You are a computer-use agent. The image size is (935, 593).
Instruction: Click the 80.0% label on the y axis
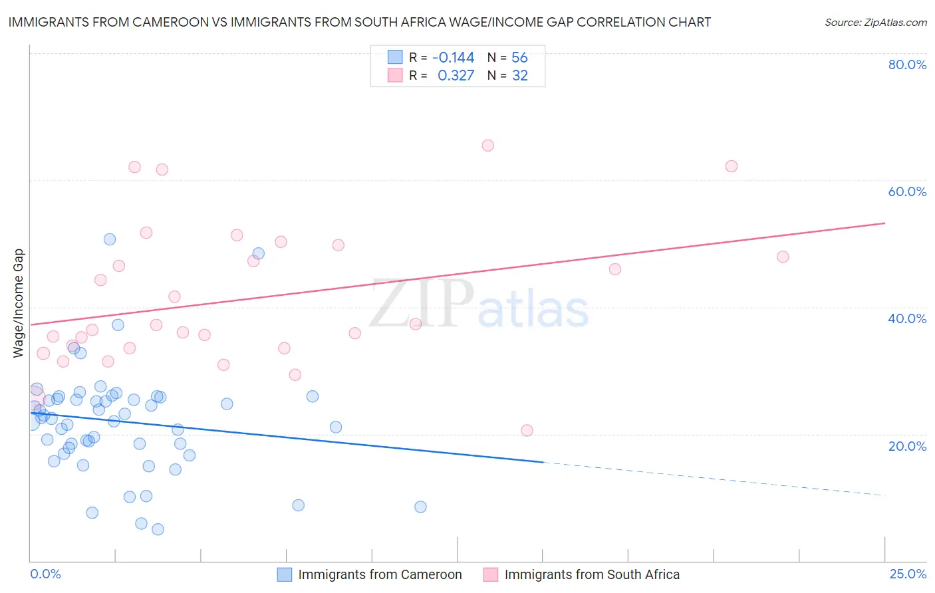(x=907, y=64)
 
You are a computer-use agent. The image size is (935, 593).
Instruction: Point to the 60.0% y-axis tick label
(x=907, y=191)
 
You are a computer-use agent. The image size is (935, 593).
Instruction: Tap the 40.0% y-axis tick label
(x=907, y=318)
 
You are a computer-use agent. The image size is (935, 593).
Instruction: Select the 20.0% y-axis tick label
(x=907, y=446)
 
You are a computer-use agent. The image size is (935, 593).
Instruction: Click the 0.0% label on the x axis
(x=45, y=574)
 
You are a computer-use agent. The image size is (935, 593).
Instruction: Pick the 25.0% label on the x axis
(x=908, y=574)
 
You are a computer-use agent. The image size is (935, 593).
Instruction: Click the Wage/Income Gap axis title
(x=19, y=303)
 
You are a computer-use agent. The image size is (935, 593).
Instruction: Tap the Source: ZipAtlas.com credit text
(x=875, y=23)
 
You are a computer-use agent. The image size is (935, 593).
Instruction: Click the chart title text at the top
(x=359, y=23)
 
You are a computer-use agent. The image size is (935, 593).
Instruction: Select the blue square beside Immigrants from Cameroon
(x=285, y=574)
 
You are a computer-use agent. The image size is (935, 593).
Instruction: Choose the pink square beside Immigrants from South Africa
(x=491, y=574)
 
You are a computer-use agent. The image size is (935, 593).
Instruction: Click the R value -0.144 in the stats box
(x=453, y=58)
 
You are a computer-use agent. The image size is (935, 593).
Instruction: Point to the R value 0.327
(x=456, y=76)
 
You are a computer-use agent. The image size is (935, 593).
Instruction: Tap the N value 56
(x=519, y=58)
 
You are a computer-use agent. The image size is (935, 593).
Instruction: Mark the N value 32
(x=519, y=76)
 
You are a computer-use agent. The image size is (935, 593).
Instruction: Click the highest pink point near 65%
(x=487, y=146)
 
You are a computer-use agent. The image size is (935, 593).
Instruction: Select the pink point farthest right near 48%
(x=783, y=257)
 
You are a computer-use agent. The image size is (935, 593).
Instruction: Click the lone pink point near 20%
(x=527, y=430)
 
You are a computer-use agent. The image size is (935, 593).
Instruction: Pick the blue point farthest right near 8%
(x=420, y=507)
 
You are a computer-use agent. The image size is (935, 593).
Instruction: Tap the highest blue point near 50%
(x=110, y=239)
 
